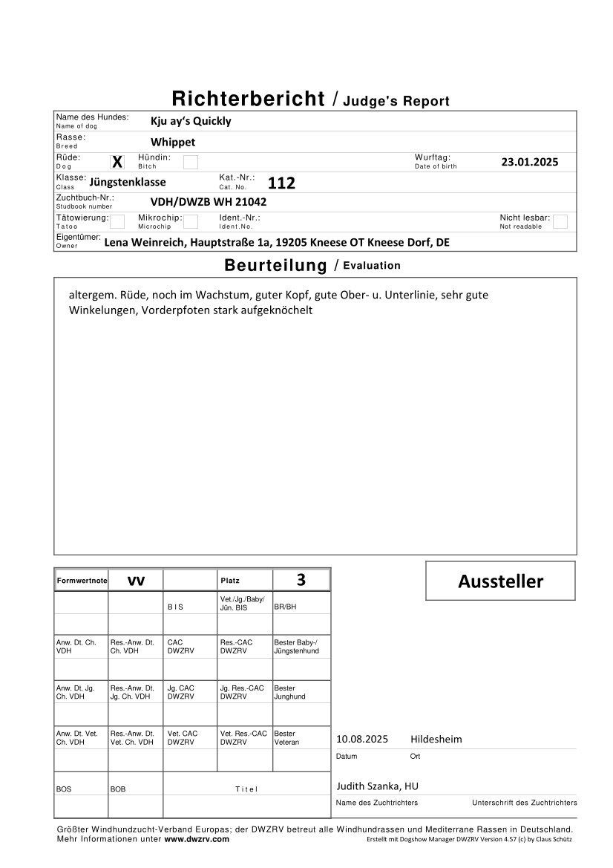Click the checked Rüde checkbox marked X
[117, 162]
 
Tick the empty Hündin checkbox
[191, 162]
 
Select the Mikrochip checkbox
[191, 221]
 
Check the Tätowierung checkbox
[117, 221]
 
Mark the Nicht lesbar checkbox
[560, 221]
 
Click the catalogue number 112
[281, 183]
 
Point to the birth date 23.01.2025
[530, 162]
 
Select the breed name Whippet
[173, 142]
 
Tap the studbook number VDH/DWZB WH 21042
[209, 201]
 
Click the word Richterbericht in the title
[249, 99]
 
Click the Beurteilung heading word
[275, 266]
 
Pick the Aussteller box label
[500, 581]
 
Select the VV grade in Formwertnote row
[136, 581]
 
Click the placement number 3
[301, 580]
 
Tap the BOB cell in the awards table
[118, 789]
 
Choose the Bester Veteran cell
[285, 737]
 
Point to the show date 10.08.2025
[362, 740]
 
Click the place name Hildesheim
[436, 740]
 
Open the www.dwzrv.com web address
[197, 839]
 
